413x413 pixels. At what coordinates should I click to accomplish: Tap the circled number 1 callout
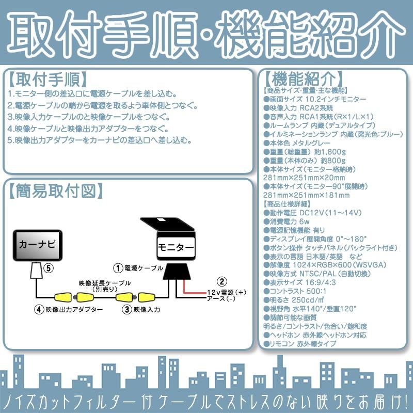tap(118, 268)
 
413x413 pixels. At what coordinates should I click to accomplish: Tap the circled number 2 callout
tap(221, 281)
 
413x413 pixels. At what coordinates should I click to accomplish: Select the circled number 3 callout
tap(126, 310)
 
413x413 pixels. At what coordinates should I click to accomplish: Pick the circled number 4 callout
tap(38, 310)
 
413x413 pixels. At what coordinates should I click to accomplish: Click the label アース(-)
tap(221, 298)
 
